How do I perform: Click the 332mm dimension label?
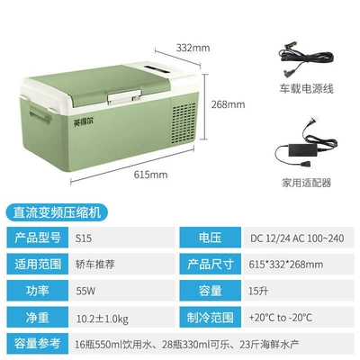(193, 48)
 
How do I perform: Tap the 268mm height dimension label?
(228, 104)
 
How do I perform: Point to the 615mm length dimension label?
(150, 175)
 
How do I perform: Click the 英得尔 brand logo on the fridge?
(84, 122)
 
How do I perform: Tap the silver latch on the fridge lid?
(124, 97)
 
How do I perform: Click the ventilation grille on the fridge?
(184, 123)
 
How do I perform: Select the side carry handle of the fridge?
(40, 112)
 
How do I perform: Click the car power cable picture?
(306, 60)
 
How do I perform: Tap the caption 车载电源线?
(306, 89)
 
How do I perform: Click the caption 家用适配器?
(306, 183)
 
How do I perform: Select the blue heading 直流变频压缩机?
(57, 212)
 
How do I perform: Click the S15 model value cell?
(84, 238)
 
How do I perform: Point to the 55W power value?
(85, 291)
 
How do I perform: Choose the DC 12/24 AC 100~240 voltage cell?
(297, 238)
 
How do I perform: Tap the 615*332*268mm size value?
(286, 265)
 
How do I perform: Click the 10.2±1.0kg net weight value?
(103, 319)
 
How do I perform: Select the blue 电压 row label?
(210, 238)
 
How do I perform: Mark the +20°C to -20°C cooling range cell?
(280, 318)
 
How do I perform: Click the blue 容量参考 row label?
(38, 343)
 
